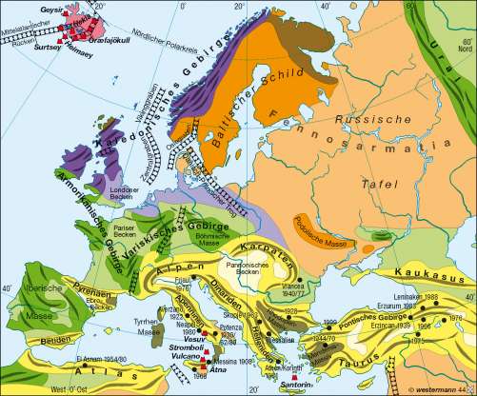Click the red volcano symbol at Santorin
297,376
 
